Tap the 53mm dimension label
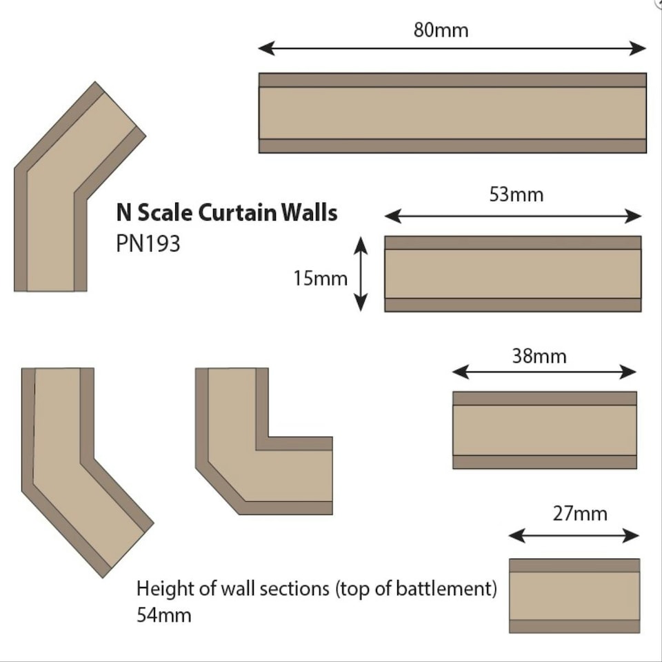click(x=516, y=194)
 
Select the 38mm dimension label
click(x=539, y=356)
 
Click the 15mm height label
click(x=319, y=279)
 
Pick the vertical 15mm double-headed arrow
click(x=361, y=274)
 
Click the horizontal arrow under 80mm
click(x=452, y=48)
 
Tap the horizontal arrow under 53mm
click(x=513, y=216)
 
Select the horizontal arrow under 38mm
click(x=544, y=372)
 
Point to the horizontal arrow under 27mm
click(x=574, y=535)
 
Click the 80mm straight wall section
click(x=452, y=112)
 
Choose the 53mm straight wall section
click(x=513, y=274)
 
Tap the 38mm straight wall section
click(x=544, y=430)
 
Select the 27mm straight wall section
click(x=574, y=596)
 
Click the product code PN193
click(x=148, y=243)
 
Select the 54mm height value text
click(x=163, y=614)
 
